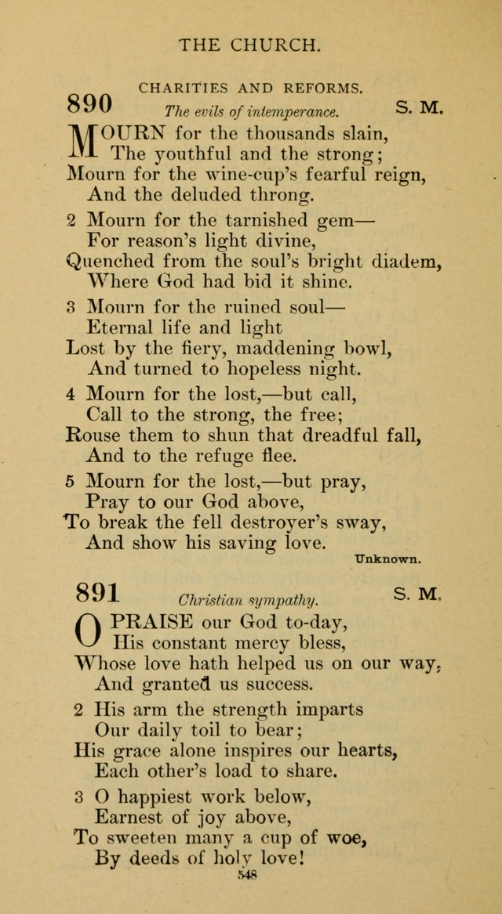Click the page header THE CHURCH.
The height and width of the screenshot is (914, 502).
(250, 45)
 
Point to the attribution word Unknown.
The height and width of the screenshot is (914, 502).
(388, 559)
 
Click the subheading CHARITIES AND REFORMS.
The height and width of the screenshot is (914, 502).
(251, 89)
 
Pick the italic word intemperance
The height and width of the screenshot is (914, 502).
(294, 112)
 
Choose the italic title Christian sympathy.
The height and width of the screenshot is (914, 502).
(248, 601)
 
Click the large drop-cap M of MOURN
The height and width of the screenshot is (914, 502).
(86, 143)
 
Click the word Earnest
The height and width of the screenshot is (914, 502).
(129, 818)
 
